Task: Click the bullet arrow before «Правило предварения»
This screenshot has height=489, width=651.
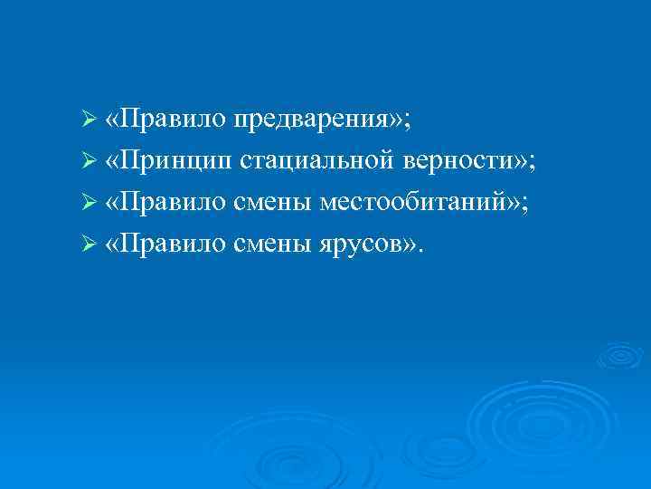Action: click(88, 120)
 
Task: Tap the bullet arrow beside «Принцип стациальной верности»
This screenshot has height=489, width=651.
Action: click(88, 161)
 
